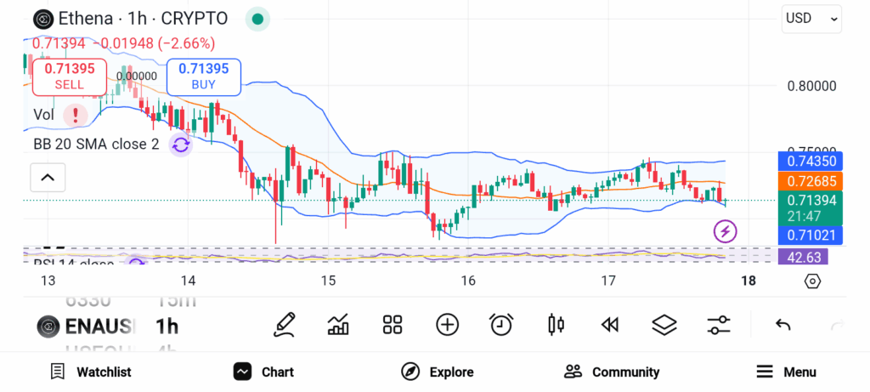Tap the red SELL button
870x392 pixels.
(x=70, y=77)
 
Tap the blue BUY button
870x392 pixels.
(x=204, y=77)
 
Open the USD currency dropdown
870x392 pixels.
(x=811, y=18)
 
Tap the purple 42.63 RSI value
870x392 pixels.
(x=803, y=257)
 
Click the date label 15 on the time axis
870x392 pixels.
(x=328, y=281)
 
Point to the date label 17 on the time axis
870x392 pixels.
(x=607, y=281)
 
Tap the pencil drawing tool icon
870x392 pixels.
(x=285, y=324)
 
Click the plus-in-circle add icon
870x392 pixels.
(x=447, y=324)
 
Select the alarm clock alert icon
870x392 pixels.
(x=501, y=324)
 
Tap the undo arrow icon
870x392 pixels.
(x=783, y=324)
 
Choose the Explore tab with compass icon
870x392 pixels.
(x=438, y=372)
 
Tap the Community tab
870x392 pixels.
(x=612, y=372)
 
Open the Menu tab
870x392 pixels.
(x=786, y=372)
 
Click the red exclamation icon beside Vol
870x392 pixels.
(x=76, y=114)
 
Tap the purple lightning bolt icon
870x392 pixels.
(x=725, y=230)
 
